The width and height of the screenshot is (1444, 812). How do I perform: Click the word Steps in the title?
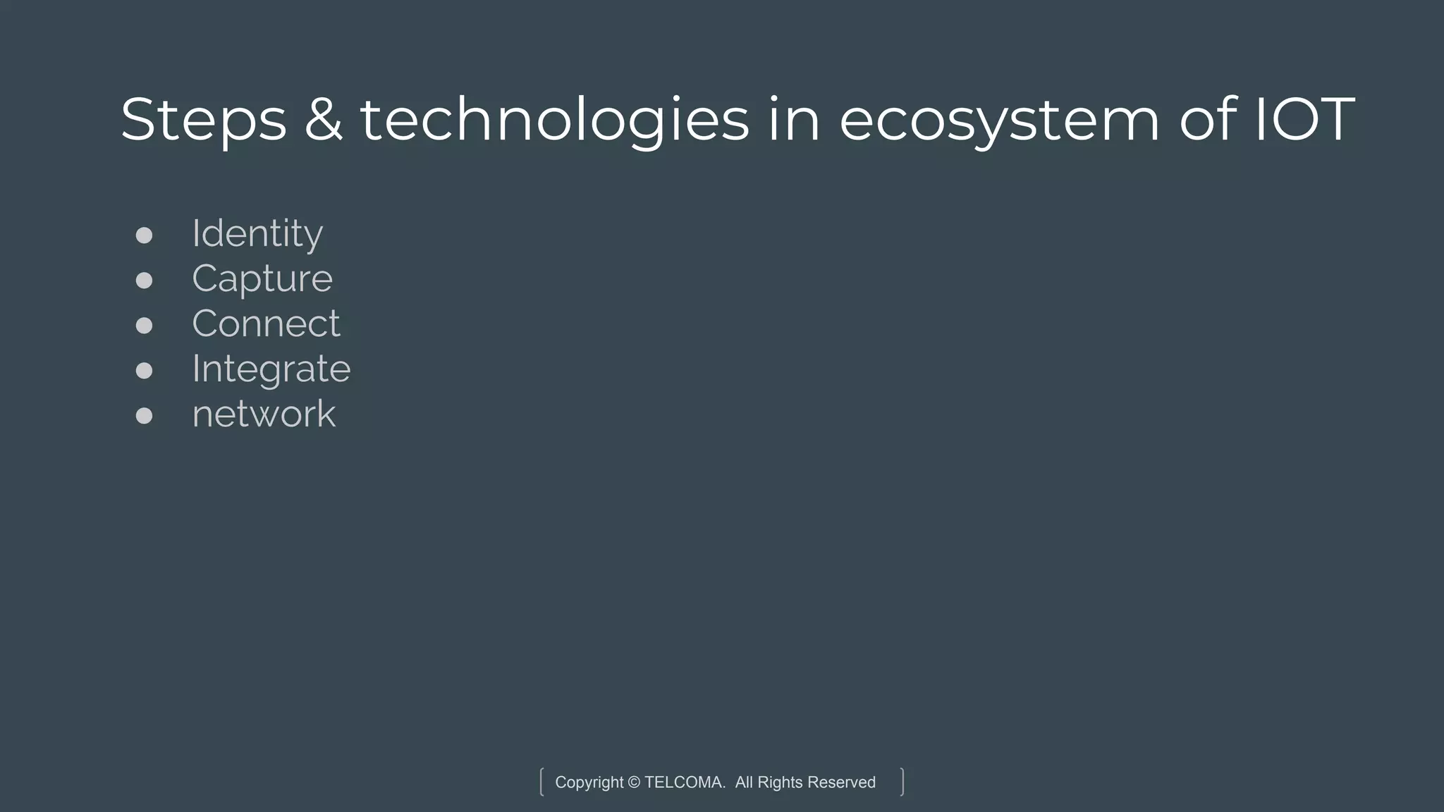click(204, 120)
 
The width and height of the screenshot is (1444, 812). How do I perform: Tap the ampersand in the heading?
click(324, 120)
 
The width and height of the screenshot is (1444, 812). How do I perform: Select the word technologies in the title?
click(555, 120)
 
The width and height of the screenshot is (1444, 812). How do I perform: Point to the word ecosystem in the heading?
click(999, 120)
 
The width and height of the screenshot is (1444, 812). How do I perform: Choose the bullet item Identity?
click(257, 233)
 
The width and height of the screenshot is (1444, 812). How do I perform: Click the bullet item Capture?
click(262, 278)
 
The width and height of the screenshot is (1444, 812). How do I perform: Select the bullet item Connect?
click(266, 324)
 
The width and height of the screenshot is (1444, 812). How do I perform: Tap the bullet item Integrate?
click(271, 369)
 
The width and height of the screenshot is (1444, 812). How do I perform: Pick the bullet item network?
click(264, 414)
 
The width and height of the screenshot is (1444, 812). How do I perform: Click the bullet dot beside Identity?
click(144, 235)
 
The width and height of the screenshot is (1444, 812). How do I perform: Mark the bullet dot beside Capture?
click(144, 281)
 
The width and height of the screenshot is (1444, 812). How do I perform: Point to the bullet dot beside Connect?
click(144, 326)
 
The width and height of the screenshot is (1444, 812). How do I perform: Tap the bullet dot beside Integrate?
click(144, 371)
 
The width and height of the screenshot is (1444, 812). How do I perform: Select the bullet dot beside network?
click(144, 416)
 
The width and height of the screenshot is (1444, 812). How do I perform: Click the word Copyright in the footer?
click(589, 782)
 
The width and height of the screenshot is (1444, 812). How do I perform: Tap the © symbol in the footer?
click(634, 782)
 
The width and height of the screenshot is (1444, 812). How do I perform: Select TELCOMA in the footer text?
click(684, 782)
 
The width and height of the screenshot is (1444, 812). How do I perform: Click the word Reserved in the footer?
click(841, 782)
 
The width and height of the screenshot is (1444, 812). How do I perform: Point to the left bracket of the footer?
click(541, 782)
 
